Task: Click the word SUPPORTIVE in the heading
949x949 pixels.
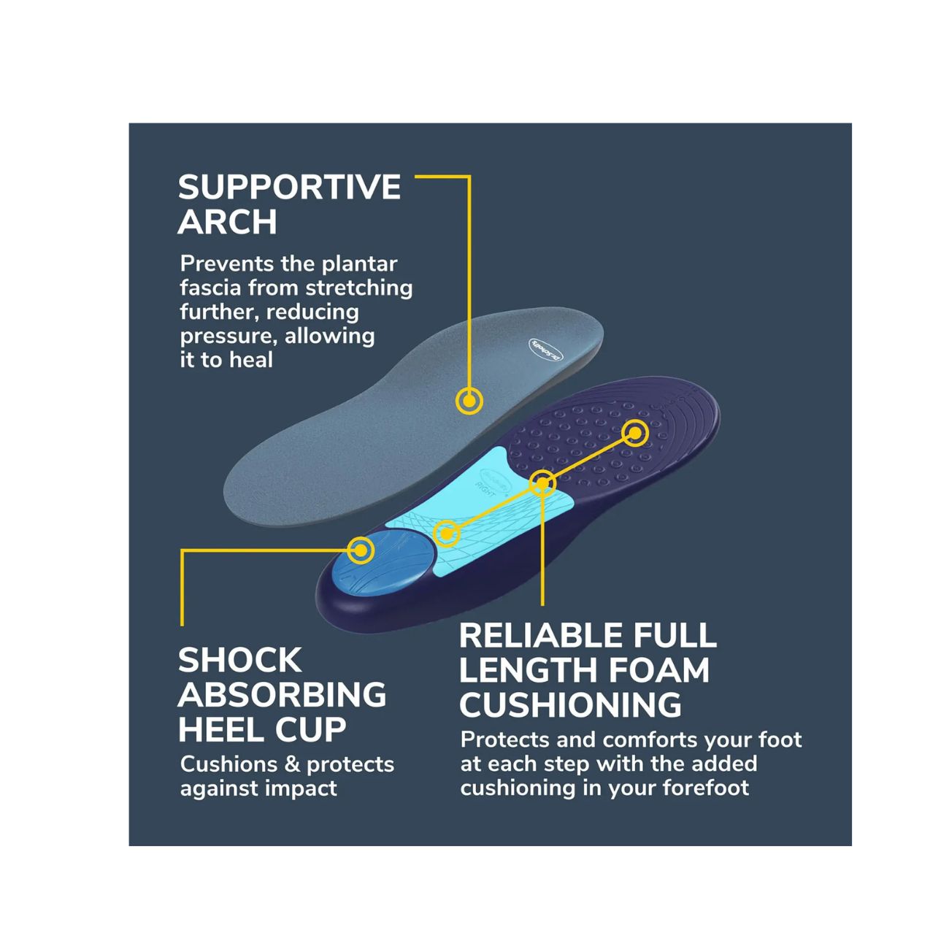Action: [289, 187]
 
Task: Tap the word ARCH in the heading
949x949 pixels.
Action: [227, 222]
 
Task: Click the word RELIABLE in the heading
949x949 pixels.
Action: [541, 635]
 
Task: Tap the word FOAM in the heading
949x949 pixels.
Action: [660, 670]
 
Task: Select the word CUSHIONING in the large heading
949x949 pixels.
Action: [570, 704]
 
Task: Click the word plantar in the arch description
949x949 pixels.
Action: [359, 265]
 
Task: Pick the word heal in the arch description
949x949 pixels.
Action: [250, 360]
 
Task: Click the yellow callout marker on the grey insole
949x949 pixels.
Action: [469, 401]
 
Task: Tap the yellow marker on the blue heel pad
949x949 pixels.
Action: [361, 550]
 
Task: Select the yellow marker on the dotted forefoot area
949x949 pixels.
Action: [635, 434]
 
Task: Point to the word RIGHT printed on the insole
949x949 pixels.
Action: [485, 490]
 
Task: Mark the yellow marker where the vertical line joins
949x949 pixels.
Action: [542, 483]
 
